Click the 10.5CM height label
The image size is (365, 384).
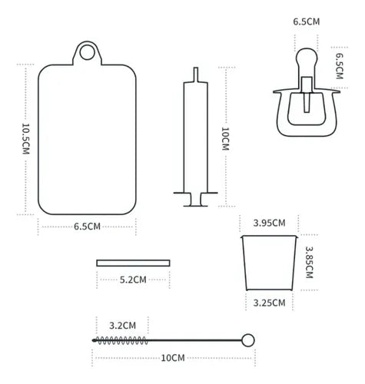tap(26, 139)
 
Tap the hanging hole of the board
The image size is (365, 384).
tap(87, 52)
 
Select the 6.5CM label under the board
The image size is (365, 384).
tap(87, 227)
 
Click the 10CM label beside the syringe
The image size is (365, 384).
tap(225, 139)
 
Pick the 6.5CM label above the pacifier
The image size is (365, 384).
tap(307, 22)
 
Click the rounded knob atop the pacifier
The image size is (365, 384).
tap(307, 58)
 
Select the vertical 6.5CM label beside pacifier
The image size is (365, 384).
tap(339, 66)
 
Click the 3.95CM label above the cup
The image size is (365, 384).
tap(269, 223)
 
